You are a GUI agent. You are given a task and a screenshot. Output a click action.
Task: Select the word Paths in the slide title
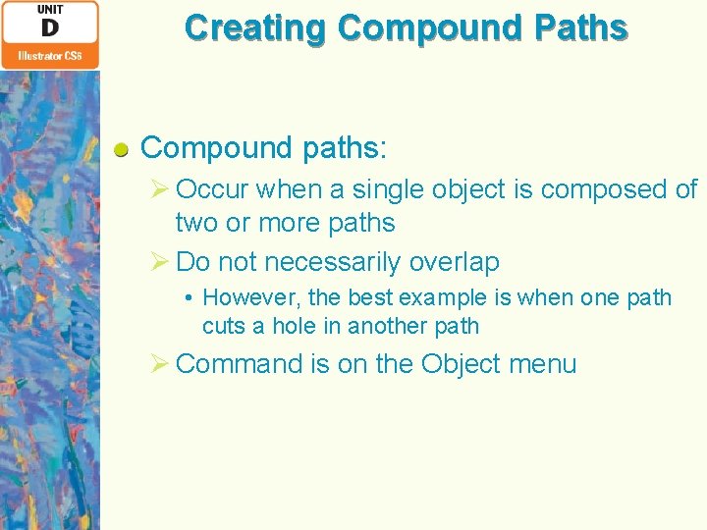click(x=580, y=27)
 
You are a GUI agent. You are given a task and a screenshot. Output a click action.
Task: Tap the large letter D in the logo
click(x=49, y=29)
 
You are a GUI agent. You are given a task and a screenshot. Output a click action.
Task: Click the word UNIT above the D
click(x=49, y=9)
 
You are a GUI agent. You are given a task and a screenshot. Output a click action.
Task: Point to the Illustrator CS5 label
click(x=49, y=57)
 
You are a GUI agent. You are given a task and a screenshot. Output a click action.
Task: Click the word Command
click(x=240, y=364)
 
